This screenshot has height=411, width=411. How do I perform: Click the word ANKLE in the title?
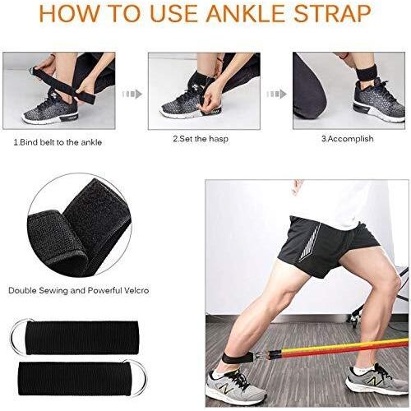click(x=245, y=13)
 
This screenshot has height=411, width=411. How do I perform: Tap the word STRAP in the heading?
click(x=333, y=13)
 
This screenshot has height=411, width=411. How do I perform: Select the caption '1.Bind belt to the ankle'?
click(x=58, y=142)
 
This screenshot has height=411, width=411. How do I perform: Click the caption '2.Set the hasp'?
click(x=201, y=139)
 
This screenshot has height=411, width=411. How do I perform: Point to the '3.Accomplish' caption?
click(x=348, y=139)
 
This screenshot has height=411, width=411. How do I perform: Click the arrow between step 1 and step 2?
click(x=132, y=94)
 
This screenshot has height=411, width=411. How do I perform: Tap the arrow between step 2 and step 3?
click(x=276, y=94)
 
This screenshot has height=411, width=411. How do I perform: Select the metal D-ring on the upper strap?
click(x=19, y=336)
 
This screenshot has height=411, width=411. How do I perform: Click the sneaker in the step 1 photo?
click(x=51, y=109)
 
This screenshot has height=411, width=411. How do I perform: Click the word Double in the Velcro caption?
click(x=22, y=290)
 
